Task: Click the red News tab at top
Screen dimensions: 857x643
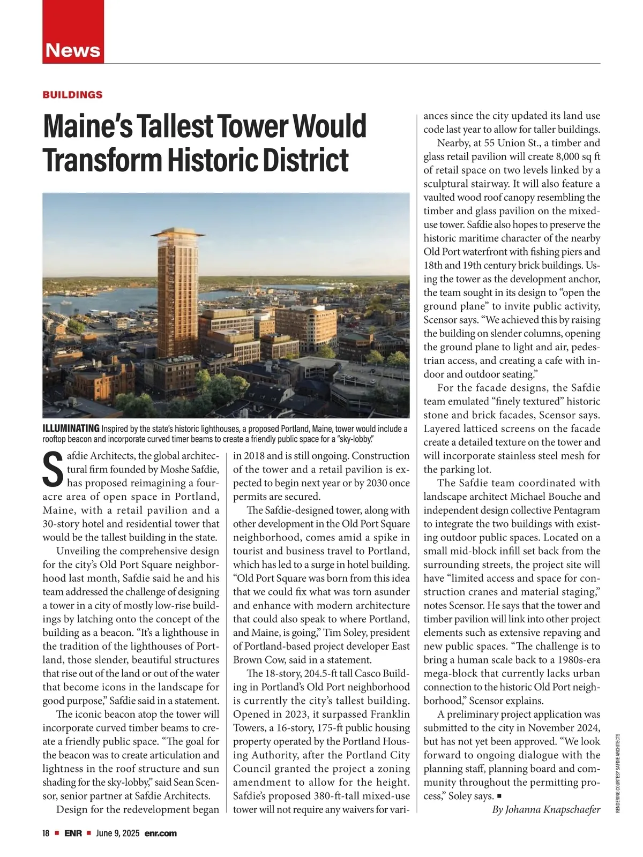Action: [73, 50]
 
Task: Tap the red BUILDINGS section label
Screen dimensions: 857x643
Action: [72, 95]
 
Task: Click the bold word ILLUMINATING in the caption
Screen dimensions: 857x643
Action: [71, 428]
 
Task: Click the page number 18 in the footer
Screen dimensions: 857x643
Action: [46, 833]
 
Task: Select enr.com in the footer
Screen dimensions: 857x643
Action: [160, 833]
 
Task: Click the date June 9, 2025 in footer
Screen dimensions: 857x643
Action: [118, 833]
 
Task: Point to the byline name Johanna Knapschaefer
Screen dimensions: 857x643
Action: [554, 809]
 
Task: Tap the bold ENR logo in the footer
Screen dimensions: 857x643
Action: [73, 833]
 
